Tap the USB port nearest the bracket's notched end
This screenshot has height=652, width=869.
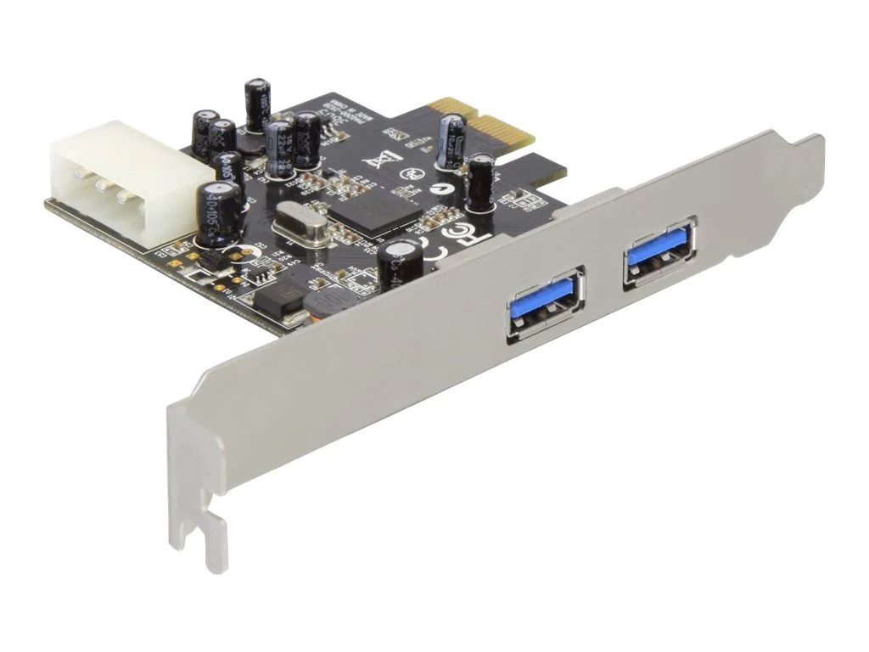[x=545, y=305]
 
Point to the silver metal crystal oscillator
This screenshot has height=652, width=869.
[x=302, y=228]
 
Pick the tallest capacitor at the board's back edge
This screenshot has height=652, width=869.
[x=256, y=104]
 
